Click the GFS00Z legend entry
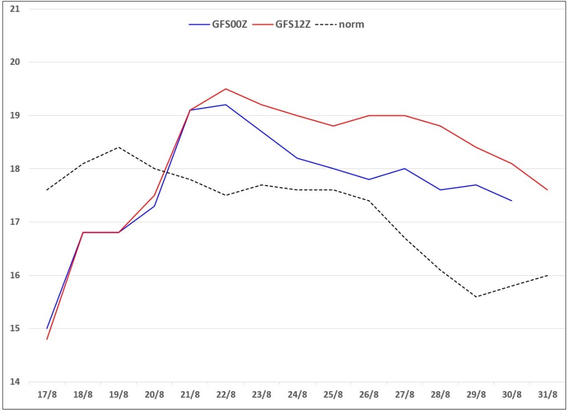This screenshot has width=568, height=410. (x=218, y=24)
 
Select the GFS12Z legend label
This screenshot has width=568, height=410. (x=293, y=24)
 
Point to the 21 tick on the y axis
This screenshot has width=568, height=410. (x=15, y=9)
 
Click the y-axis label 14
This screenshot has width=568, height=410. (x=15, y=382)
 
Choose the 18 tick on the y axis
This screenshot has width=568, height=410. (x=15, y=168)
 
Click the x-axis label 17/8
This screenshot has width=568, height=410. (x=47, y=394)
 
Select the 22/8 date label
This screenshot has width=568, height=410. (x=226, y=394)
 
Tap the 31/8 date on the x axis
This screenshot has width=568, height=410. (x=547, y=394)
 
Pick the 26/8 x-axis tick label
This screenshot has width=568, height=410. (x=369, y=394)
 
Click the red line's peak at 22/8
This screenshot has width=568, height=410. (x=226, y=89)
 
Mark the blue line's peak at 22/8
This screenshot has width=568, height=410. (x=226, y=105)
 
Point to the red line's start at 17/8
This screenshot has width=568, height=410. (x=47, y=339)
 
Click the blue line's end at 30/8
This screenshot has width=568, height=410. (x=511, y=201)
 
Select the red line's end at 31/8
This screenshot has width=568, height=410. (x=547, y=189)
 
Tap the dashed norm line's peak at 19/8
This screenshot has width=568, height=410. (x=119, y=147)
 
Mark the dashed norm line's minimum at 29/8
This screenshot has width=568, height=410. (x=476, y=297)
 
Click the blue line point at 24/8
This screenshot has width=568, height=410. (x=297, y=158)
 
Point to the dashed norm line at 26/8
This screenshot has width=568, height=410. (x=369, y=201)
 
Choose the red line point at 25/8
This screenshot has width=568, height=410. (x=333, y=126)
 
